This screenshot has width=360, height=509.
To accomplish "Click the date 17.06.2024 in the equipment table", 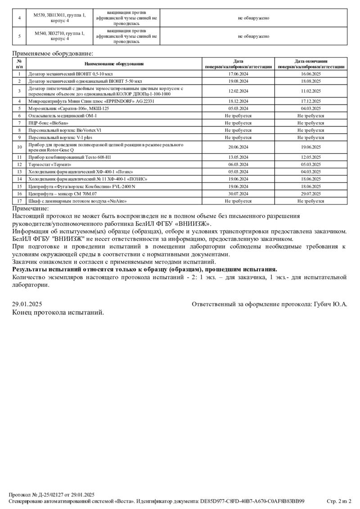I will (238, 73).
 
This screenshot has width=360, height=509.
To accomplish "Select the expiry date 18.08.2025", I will (310, 81).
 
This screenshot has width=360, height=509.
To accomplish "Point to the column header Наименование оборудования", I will (114, 63).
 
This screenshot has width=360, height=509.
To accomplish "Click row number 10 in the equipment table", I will (19, 147).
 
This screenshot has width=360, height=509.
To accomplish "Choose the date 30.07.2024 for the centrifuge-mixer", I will (238, 193).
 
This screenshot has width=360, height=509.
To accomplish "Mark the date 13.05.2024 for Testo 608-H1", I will (238, 157).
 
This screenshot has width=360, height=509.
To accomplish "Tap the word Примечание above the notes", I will (30, 208).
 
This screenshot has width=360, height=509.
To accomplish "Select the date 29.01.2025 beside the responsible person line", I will (28, 304).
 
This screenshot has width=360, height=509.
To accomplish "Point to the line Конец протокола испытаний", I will (58, 312).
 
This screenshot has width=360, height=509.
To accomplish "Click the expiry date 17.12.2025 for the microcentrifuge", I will (310, 102).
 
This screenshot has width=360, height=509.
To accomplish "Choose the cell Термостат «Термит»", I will (50, 165).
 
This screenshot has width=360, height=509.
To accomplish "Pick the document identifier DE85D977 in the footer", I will (252, 501).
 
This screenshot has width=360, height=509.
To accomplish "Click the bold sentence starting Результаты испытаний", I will (144, 269).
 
